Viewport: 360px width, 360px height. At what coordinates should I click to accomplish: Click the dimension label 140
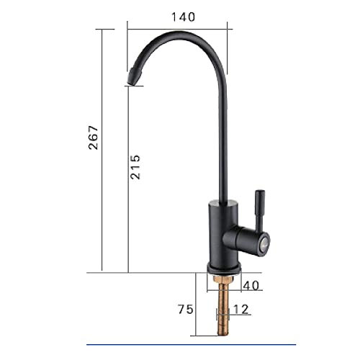(x=183, y=18)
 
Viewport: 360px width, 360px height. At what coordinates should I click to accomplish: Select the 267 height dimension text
(x=93, y=137)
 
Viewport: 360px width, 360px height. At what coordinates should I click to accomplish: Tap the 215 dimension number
(x=136, y=169)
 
